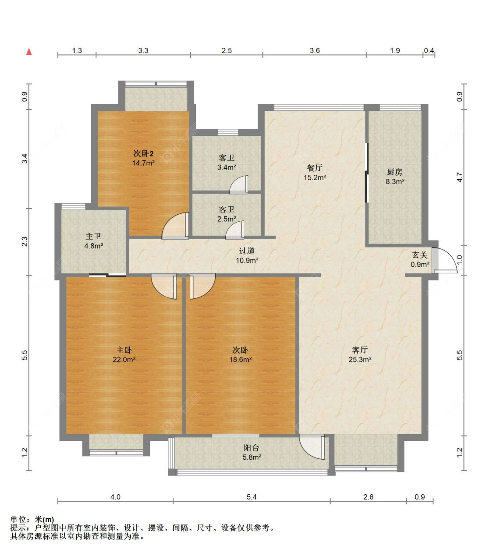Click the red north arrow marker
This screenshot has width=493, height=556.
tap(29, 52)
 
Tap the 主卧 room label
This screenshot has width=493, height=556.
tap(124, 350)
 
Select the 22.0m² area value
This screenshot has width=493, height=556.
tap(124, 359)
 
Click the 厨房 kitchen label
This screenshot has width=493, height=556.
tap(394, 172)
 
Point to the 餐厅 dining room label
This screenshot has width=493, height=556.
tap(315, 168)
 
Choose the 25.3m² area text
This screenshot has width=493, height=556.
tap(360, 359)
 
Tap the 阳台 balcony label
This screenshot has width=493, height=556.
tap(252, 448)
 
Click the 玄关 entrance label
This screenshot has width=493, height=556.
tap(420, 255)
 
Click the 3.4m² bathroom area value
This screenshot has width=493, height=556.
tap(227, 167)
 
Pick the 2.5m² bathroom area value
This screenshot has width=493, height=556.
tap(227, 219)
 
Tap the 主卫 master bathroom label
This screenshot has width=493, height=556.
tap(93, 236)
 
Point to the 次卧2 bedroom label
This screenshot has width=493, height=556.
tap(143, 154)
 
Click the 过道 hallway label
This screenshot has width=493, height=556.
tap(247, 251)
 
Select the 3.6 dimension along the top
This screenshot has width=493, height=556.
tap(315, 50)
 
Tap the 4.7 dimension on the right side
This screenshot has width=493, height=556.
tap(460, 177)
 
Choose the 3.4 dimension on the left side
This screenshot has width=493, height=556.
tap(25, 159)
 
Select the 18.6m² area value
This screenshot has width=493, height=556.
tap(241, 359)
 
